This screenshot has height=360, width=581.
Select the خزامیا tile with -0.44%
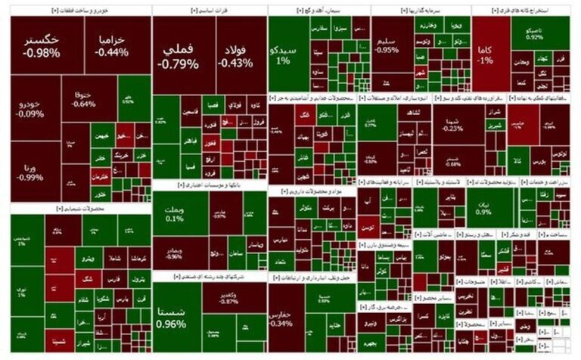click(111, 45)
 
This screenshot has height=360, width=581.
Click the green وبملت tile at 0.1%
click(175, 212)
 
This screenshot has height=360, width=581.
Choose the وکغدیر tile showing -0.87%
click(228, 297)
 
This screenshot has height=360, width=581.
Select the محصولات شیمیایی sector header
click(80, 207)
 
